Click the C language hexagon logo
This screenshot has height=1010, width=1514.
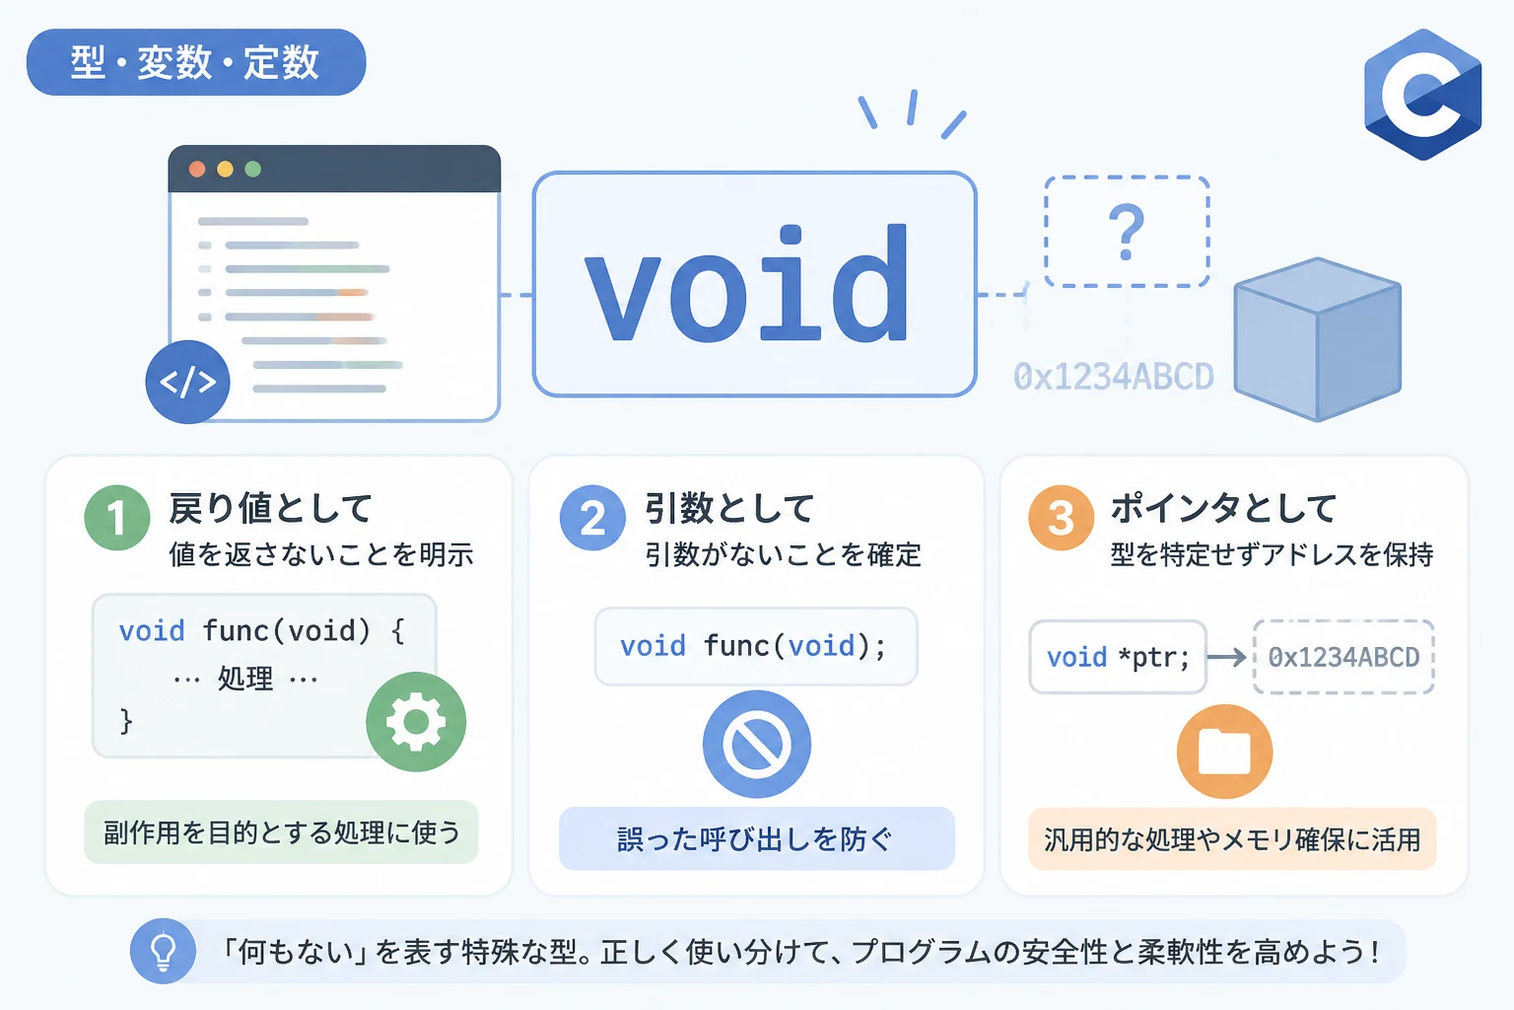1422,95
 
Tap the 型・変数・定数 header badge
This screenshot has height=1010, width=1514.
196,62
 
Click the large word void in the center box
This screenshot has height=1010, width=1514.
747,284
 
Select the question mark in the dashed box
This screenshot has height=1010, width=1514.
1127,233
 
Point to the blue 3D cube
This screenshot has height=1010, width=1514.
1317,339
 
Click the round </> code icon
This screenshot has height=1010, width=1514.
188,383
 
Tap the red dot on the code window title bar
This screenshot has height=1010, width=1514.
197,169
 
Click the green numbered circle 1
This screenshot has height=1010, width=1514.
117,518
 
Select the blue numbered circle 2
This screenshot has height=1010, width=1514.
592,518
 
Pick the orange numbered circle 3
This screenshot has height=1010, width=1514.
1062,518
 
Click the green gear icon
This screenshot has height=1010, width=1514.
416,722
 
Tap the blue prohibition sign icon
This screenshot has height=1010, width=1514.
757,744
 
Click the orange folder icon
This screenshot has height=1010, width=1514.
1225,752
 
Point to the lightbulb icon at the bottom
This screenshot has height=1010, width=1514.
163,951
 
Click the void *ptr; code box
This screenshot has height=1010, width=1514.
1118,657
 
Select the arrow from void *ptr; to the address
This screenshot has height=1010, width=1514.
1227,657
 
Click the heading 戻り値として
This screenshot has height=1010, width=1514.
270,508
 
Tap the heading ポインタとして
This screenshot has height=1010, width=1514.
1223,508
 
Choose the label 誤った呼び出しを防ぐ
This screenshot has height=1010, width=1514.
755,838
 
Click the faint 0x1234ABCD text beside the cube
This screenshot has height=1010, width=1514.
1113,377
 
